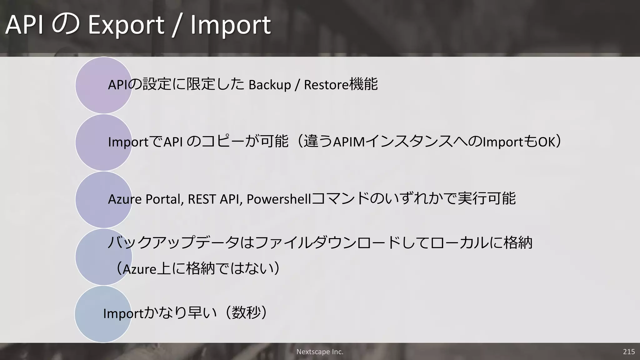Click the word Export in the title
(126, 25)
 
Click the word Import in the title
(230, 25)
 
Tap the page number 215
(629, 352)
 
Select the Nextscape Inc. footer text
(320, 352)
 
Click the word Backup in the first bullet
(270, 85)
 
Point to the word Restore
(326, 85)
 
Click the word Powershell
(279, 199)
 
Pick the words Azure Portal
(145, 199)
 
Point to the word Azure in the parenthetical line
(139, 269)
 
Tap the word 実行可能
(486, 199)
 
